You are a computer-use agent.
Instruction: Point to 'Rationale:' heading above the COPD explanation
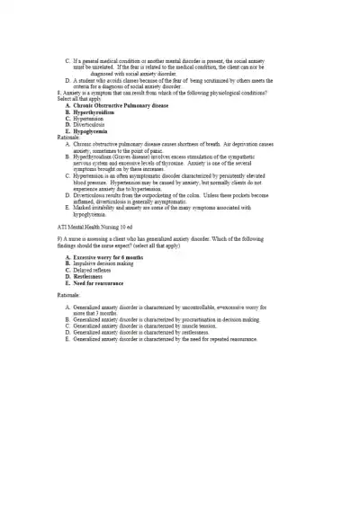pos(68,137)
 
